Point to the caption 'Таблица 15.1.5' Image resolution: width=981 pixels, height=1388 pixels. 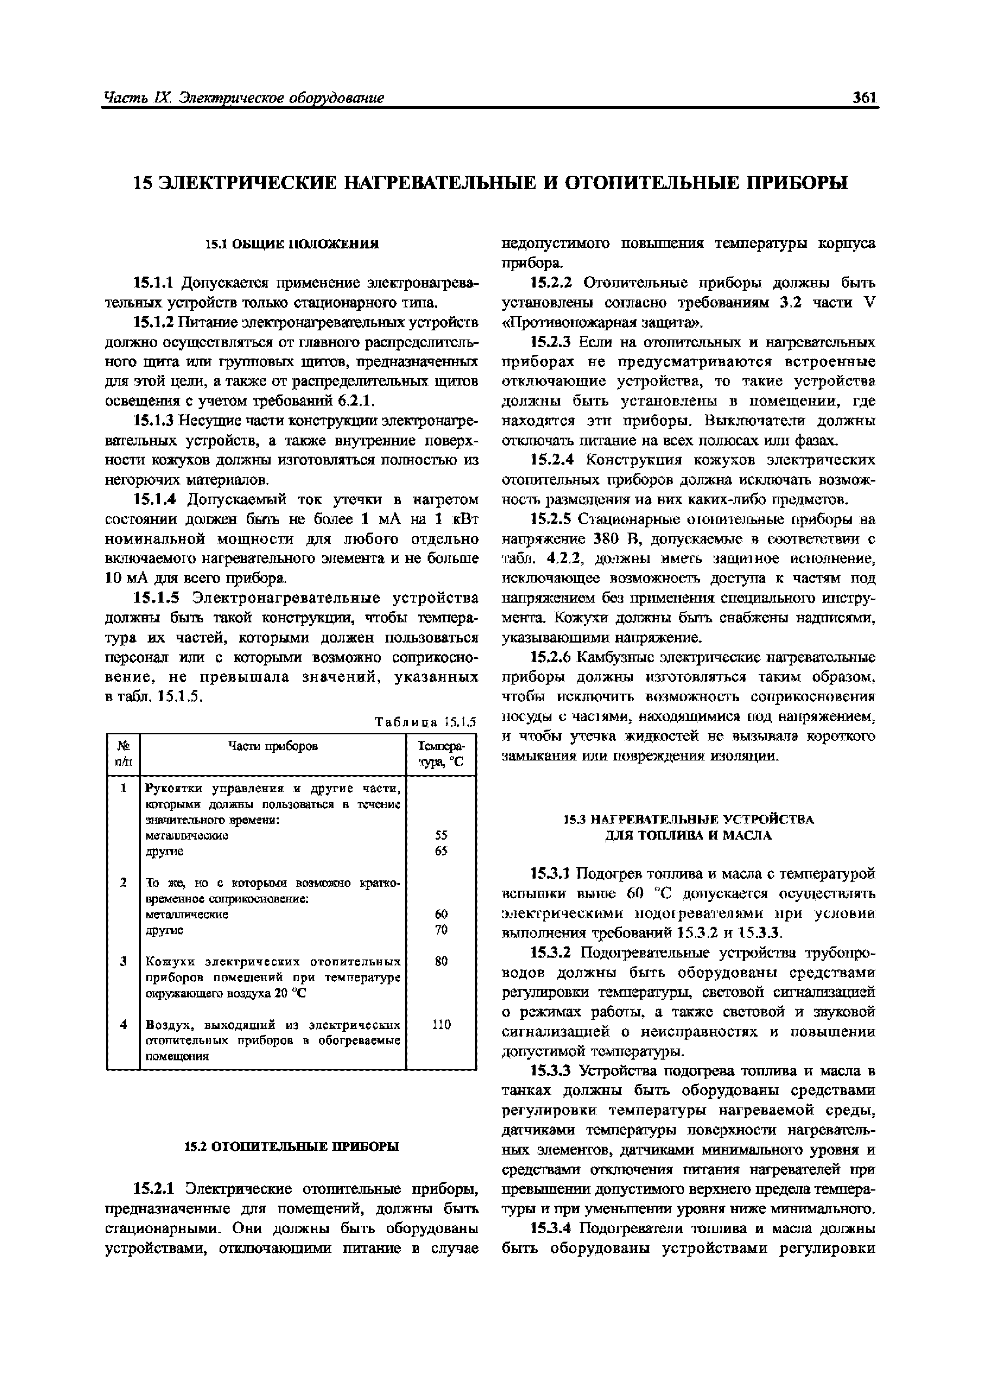(x=426, y=722)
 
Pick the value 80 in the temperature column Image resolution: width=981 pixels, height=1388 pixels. (x=441, y=961)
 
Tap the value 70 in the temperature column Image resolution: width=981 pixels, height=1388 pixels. (x=441, y=930)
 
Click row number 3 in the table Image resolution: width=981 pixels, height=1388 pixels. (x=123, y=961)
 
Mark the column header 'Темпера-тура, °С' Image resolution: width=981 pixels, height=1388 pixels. (x=441, y=754)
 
